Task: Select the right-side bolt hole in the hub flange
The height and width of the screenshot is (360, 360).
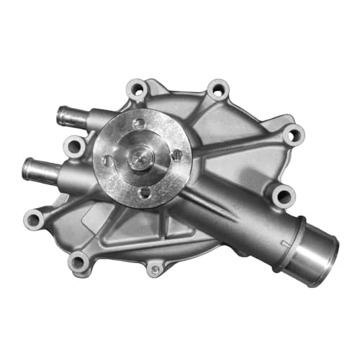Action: tap(176, 154)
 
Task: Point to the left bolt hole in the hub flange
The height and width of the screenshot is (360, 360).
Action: tap(107, 160)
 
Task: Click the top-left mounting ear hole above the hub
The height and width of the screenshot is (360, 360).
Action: tap(137, 89)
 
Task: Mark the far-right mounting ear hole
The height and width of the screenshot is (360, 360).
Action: tap(292, 134)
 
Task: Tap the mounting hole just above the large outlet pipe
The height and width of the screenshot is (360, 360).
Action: tap(284, 194)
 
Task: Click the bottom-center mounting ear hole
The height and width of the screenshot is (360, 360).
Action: tap(154, 270)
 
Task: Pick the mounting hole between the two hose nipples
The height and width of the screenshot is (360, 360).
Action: tap(74, 146)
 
